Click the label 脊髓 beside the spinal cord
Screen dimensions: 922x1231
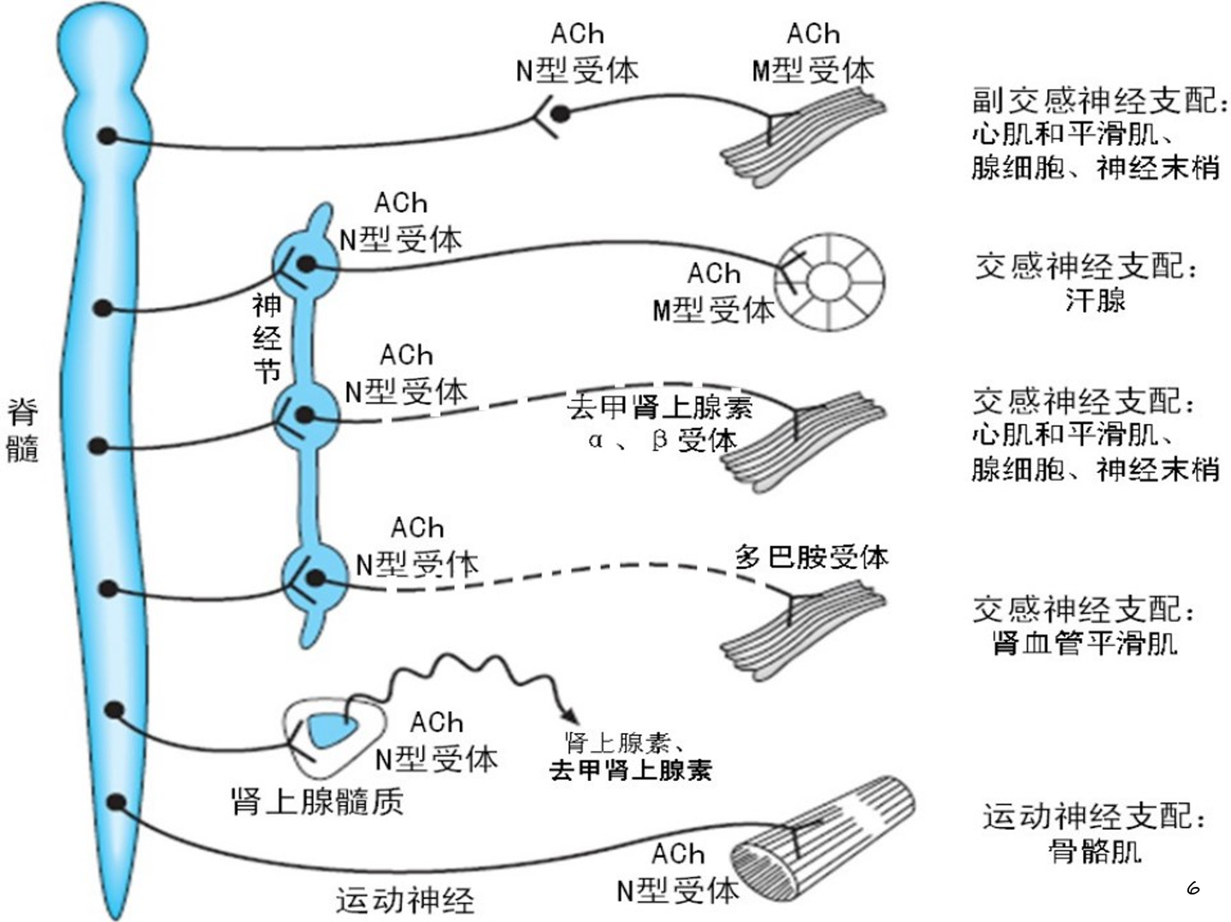click(x=23, y=429)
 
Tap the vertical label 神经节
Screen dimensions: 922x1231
click(x=268, y=338)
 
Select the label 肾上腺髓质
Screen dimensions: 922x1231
click(x=317, y=802)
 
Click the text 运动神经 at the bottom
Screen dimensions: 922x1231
click(x=404, y=899)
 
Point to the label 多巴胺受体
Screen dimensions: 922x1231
click(x=810, y=557)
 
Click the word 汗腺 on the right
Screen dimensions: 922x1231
click(x=1095, y=300)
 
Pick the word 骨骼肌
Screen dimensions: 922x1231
click(x=1095, y=850)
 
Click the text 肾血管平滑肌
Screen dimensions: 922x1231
click(x=1085, y=643)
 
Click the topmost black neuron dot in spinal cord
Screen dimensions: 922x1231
click(x=107, y=135)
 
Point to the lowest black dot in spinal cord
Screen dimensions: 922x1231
click(x=117, y=802)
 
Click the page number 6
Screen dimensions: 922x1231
click(x=1193, y=888)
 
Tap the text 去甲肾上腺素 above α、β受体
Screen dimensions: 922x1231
click(x=659, y=407)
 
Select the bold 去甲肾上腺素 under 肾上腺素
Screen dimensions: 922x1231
click(x=630, y=770)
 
